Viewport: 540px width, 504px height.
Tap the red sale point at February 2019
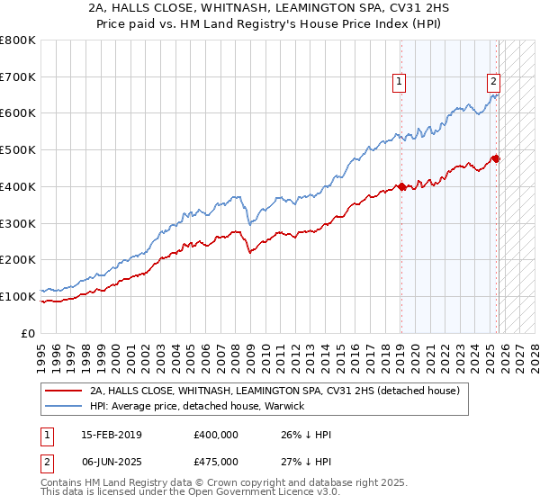click(400, 187)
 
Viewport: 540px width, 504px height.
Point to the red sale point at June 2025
click(496, 159)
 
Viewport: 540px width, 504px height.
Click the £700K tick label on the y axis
click(18, 77)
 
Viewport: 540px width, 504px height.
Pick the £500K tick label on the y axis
click(18, 150)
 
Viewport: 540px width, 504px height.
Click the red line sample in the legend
click(63, 391)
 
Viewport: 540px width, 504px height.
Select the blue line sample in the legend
click(63, 407)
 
